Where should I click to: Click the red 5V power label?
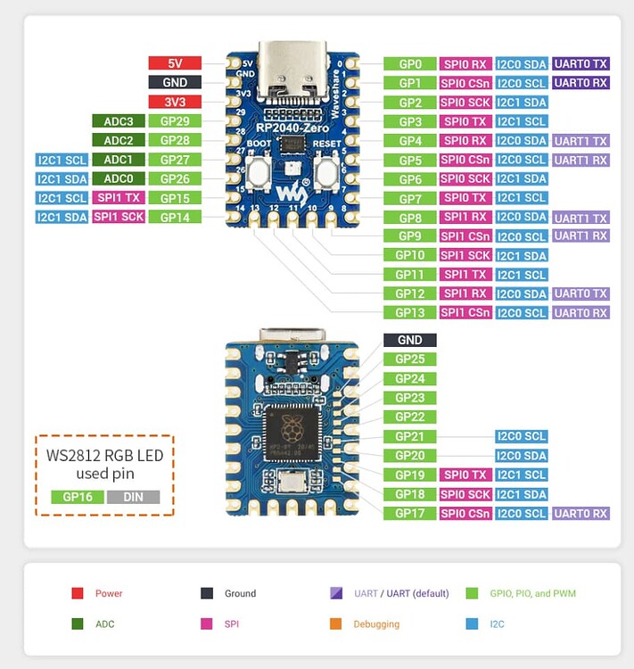coord(175,63)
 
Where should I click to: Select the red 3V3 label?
coord(175,102)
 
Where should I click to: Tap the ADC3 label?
coord(119,121)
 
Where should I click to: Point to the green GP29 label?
coord(175,121)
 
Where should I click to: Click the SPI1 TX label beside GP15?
coord(119,198)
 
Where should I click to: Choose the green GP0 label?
coord(410,64)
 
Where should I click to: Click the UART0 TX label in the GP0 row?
coord(580,64)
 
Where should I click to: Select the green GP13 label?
coord(410,313)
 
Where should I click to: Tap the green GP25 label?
coord(410,359)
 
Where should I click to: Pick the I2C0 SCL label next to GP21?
coord(522,436)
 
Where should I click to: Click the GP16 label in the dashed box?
coord(77,498)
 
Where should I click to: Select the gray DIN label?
coord(133,498)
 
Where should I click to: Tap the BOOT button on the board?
coord(259,170)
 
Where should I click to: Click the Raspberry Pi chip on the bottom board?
coord(291,432)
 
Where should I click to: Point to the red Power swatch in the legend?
coord(78,593)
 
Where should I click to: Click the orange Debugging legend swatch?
coord(335,624)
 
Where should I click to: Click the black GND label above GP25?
coord(410,340)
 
